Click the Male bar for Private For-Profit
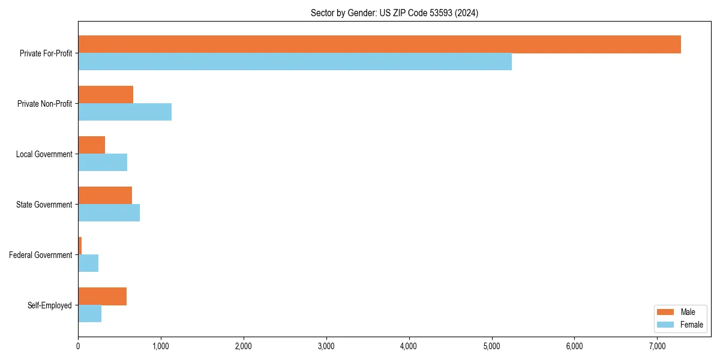point(379,44)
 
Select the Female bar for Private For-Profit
point(295,62)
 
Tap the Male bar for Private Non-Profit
point(106,95)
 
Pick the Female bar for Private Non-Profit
point(125,112)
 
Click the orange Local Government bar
point(91,145)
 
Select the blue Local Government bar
point(103,163)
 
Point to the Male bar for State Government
point(105,196)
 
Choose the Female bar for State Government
point(109,213)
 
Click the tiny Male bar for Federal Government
point(80,246)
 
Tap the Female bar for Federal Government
point(88,263)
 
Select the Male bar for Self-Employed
point(102,296)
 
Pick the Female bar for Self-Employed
point(89,314)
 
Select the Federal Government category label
point(41,255)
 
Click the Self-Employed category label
point(50,305)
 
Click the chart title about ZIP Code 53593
point(394,13)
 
